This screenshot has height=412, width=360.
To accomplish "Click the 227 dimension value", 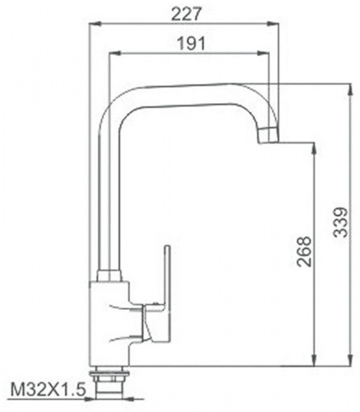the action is tap(187, 14).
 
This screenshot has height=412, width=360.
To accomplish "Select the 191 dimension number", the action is tap(192, 44).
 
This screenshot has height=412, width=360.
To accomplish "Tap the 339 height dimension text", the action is tap(341, 222).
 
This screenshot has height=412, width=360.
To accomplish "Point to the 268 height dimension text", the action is tap(305, 251).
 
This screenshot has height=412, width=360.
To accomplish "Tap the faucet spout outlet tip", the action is tap(269, 135).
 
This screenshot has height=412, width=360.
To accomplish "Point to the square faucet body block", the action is tap(110, 324).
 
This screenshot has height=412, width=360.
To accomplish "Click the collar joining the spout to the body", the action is tap(109, 275).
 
